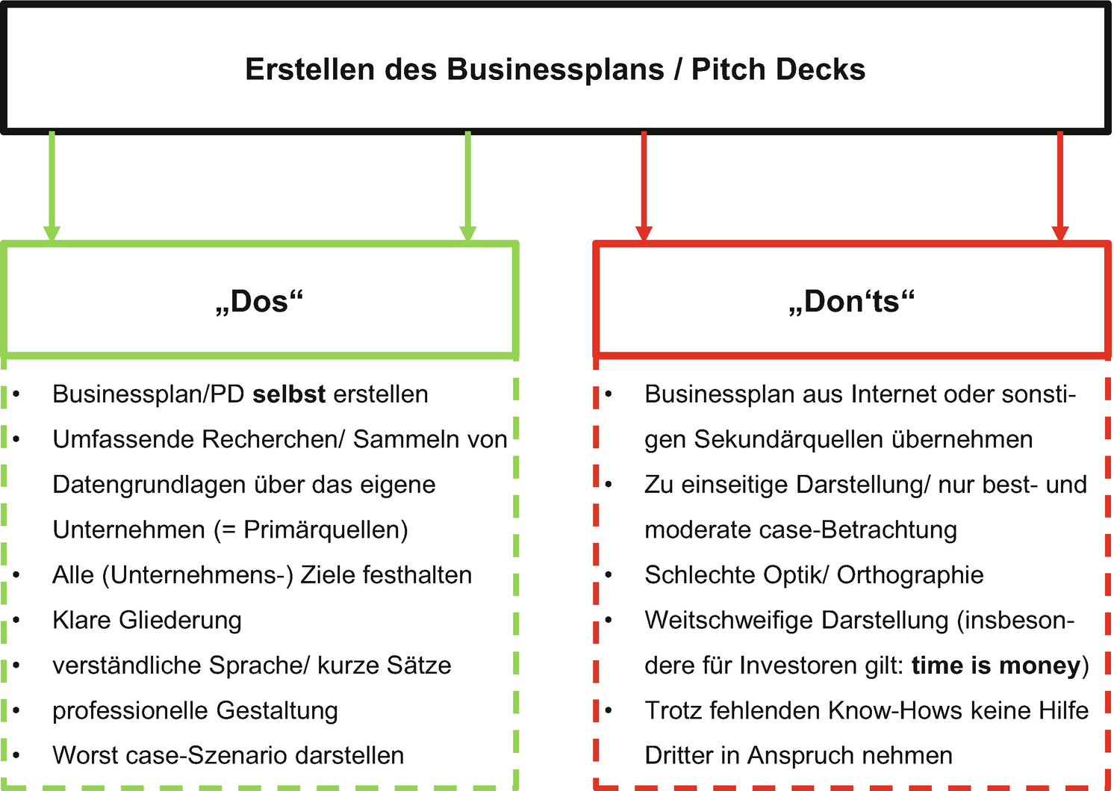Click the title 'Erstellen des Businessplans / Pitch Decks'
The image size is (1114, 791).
(x=555, y=69)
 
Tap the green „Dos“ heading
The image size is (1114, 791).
(x=259, y=301)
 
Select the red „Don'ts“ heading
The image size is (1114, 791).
(x=851, y=301)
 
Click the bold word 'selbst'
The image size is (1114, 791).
(x=289, y=394)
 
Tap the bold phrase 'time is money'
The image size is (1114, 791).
(x=996, y=666)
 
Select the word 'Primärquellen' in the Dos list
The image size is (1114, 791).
(x=326, y=530)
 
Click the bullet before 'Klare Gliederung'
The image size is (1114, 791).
(x=16, y=620)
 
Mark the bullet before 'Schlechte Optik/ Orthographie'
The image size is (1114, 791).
(x=609, y=575)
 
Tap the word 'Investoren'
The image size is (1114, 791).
(x=799, y=666)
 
